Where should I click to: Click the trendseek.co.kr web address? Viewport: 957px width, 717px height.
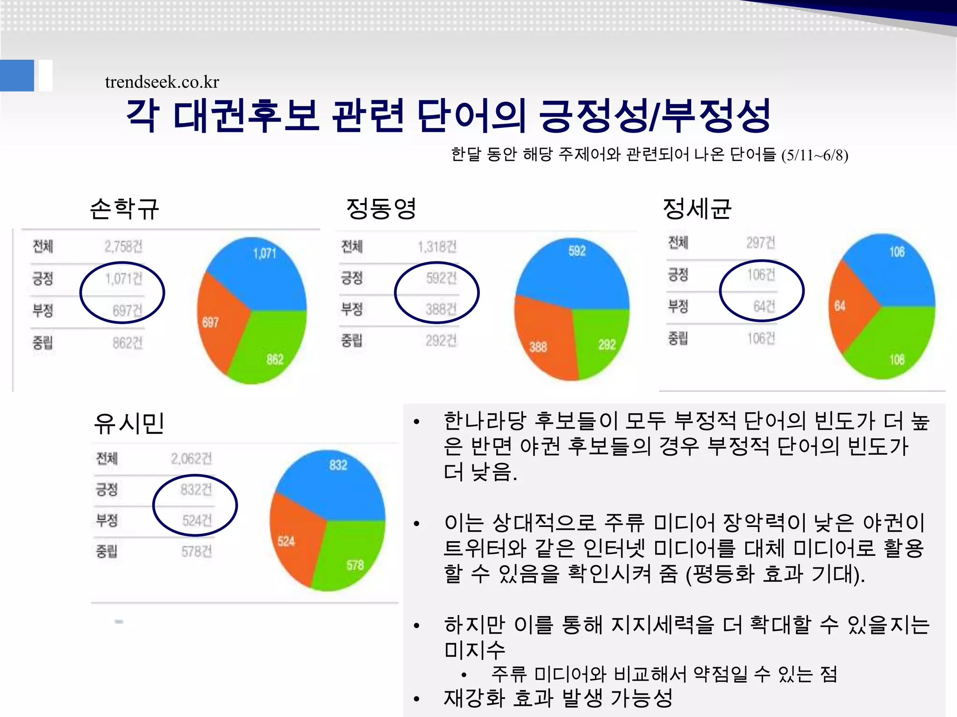162,82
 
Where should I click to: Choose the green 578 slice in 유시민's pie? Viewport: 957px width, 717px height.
350,555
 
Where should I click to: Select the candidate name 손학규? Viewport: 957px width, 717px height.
125,208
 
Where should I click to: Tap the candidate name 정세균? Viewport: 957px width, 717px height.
697,208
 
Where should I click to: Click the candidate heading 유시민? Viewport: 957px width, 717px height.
129,423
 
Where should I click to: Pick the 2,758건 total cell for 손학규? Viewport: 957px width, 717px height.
123,246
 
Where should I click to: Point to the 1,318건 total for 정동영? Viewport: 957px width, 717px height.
437,246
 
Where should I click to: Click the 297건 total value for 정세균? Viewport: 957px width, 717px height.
760,243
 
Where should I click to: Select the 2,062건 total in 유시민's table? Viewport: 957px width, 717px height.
191,459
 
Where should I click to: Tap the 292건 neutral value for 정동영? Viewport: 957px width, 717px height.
441,341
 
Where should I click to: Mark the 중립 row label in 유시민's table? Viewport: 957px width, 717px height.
107,551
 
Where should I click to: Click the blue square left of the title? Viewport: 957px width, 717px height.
17,75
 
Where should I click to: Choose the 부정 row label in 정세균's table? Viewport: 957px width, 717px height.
678,306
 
